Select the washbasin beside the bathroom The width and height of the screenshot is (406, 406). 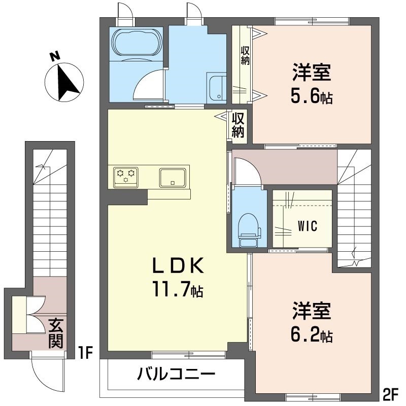(216, 87)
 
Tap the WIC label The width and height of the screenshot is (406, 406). (308, 226)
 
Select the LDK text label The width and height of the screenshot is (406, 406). (179, 265)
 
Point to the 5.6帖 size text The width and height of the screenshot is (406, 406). (312, 96)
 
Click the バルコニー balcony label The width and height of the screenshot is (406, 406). (176, 376)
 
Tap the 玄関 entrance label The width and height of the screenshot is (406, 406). (55, 332)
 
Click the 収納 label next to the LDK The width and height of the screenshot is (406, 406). (239, 125)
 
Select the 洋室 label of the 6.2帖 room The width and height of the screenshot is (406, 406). (312, 311)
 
